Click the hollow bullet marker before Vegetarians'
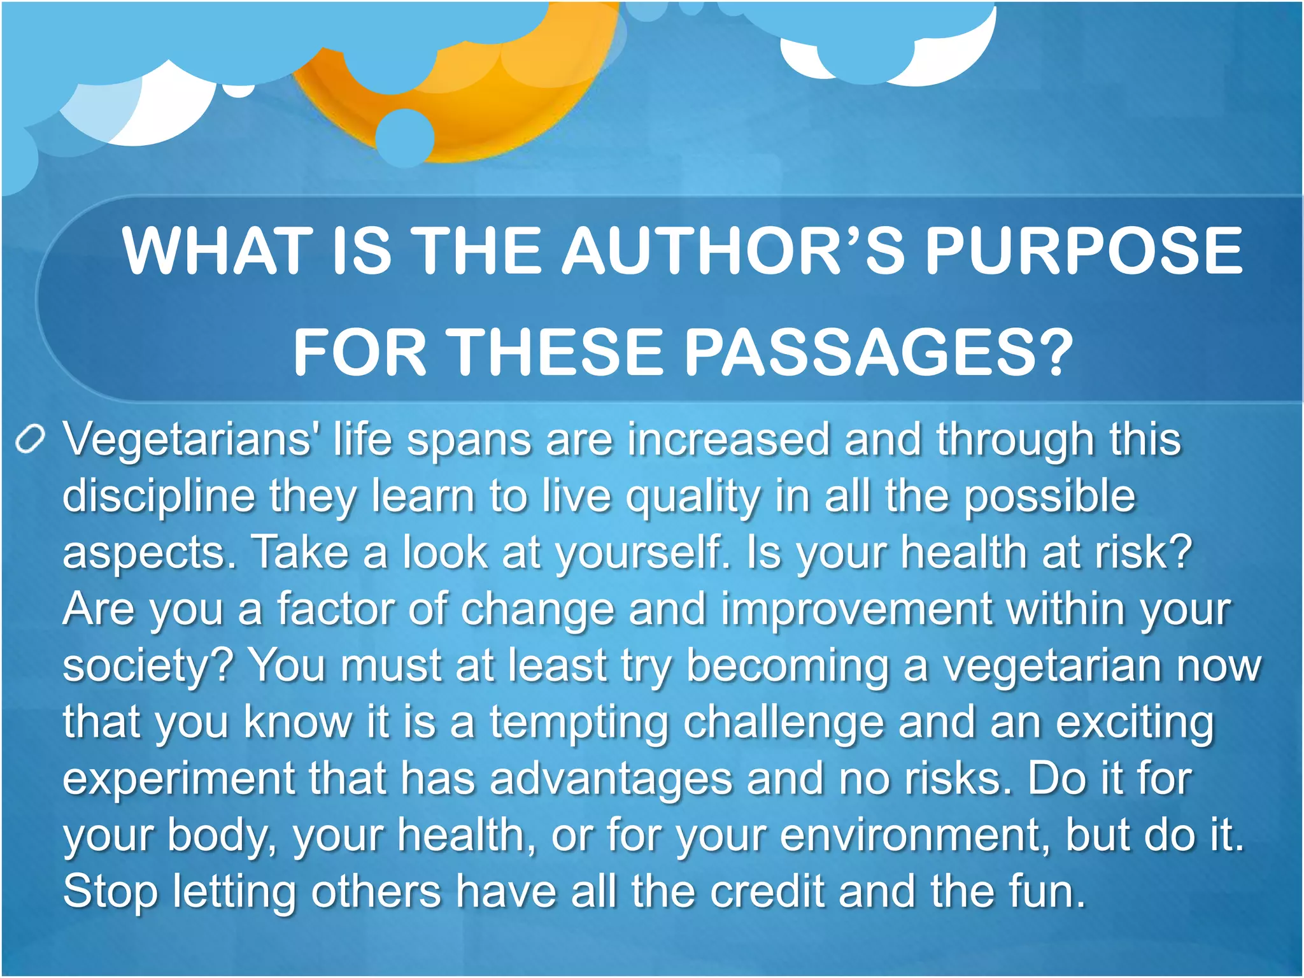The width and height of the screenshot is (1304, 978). coord(30,439)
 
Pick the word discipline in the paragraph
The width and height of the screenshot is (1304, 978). coord(159,495)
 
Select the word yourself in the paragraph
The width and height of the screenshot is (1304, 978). coord(643,553)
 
